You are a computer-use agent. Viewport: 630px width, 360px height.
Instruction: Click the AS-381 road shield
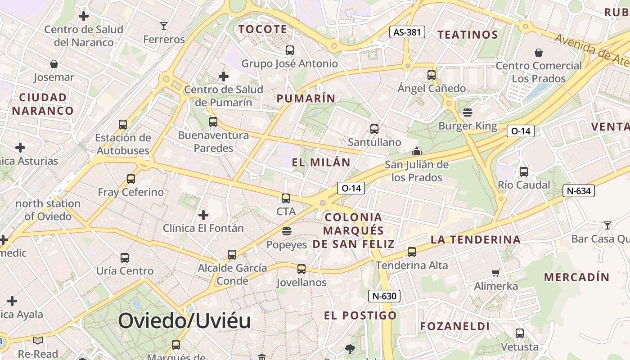(407, 32)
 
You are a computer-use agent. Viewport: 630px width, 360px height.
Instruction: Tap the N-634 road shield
(578, 191)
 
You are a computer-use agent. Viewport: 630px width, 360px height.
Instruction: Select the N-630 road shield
(384, 296)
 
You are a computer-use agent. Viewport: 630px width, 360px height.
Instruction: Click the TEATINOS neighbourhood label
(468, 35)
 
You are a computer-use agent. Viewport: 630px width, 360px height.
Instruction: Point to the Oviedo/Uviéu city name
(184, 321)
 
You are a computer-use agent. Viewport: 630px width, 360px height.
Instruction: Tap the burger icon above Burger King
(468, 112)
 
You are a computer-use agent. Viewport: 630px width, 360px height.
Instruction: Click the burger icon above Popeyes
(286, 231)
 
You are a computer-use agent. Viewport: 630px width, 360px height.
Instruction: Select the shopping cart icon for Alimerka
(495, 272)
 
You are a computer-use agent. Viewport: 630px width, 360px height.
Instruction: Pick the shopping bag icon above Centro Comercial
(538, 53)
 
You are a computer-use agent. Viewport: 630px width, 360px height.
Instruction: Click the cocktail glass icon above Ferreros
(164, 26)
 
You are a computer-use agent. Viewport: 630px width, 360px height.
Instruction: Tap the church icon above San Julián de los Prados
(417, 151)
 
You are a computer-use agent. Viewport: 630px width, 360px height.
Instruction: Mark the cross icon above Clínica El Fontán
(203, 215)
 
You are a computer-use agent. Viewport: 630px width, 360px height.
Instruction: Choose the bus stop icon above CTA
(286, 198)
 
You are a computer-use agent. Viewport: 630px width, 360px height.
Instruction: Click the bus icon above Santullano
(374, 129)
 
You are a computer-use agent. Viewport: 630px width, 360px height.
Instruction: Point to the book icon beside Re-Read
(38, 340)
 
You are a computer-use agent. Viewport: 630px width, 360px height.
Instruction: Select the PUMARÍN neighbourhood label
(306, 99)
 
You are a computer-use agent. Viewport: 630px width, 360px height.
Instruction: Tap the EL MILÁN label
(321, 162)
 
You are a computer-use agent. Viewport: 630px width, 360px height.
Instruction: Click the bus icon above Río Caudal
(523, 171)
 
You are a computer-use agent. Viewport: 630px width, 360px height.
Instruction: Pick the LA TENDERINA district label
(475, 239)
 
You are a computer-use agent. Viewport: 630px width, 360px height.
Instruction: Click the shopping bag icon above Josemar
(54, 64)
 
